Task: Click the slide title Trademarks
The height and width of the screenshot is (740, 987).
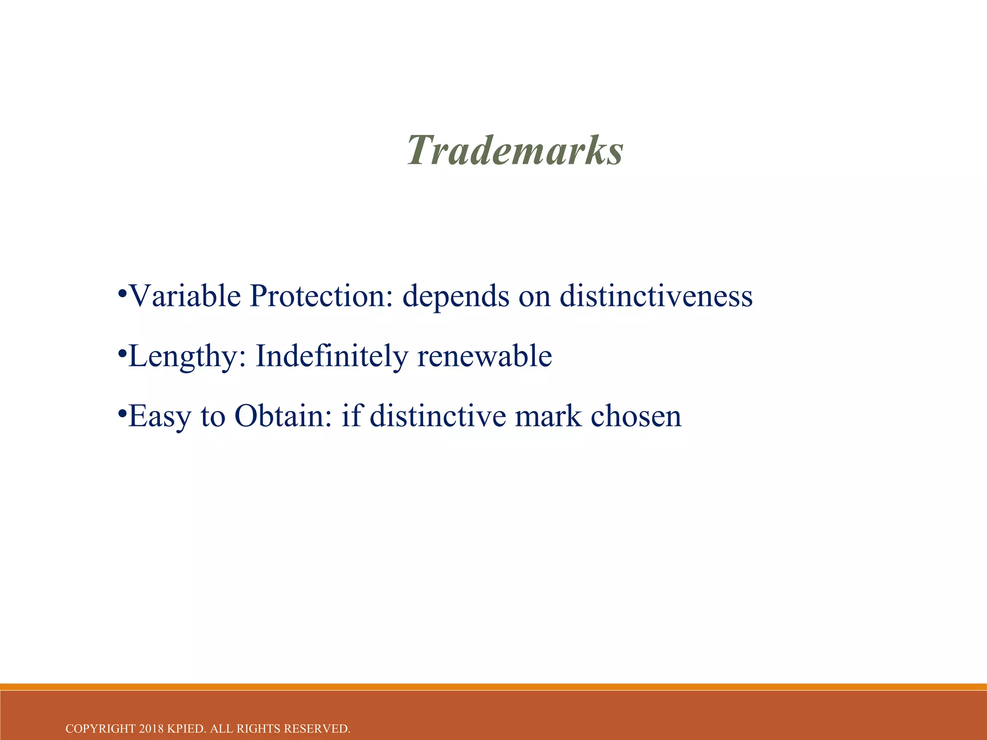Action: click(515, 150)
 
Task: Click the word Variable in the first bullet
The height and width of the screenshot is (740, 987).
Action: click(185, 296)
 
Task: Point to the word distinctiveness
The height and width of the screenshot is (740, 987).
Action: click(656, 296)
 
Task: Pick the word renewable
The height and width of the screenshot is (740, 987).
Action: click(485, 357)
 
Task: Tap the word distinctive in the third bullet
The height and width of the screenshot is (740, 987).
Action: click(438, 416)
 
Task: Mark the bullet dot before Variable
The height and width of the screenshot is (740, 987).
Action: click(122, 293)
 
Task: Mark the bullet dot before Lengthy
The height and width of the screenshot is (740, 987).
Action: click(122, 354)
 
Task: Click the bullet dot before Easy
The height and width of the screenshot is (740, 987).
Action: click(122, 413)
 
